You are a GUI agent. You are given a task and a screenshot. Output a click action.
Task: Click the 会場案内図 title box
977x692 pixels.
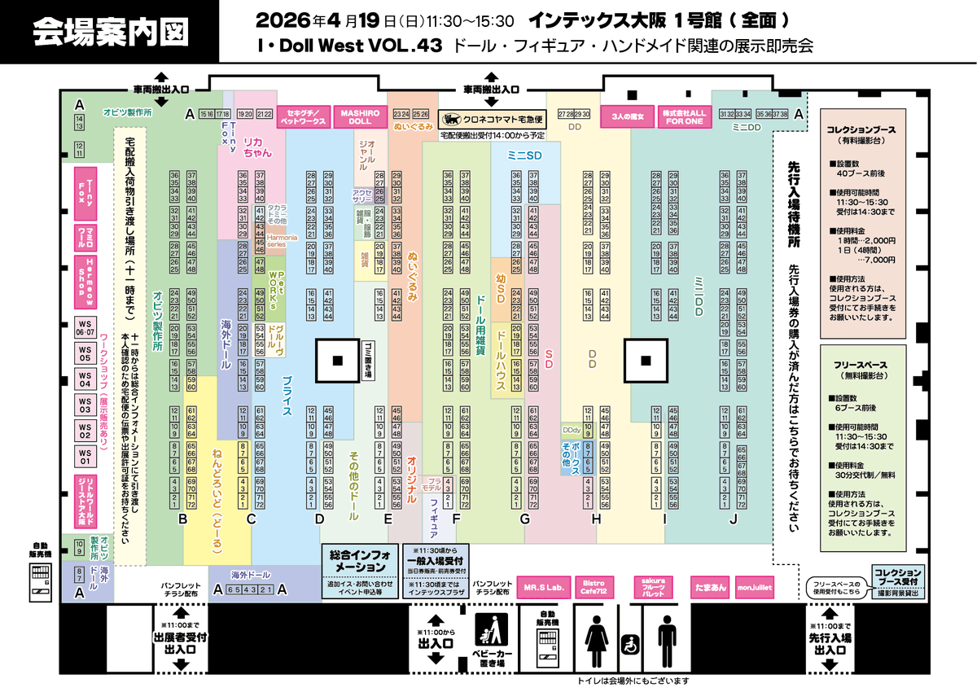tap(110, 32)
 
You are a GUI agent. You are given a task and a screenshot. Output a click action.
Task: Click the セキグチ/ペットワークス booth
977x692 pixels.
tap(303, 116)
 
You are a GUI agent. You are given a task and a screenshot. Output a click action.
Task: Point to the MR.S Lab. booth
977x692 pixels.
tap(545, 586)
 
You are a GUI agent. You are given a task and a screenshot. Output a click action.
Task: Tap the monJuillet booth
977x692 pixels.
tap(755, 586)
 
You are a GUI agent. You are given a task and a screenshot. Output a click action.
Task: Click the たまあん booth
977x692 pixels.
tap(706, 586)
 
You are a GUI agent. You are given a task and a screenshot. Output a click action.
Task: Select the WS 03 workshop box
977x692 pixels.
tap(85, 405)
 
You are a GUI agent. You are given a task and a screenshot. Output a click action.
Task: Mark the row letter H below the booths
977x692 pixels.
tap(596, 519)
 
